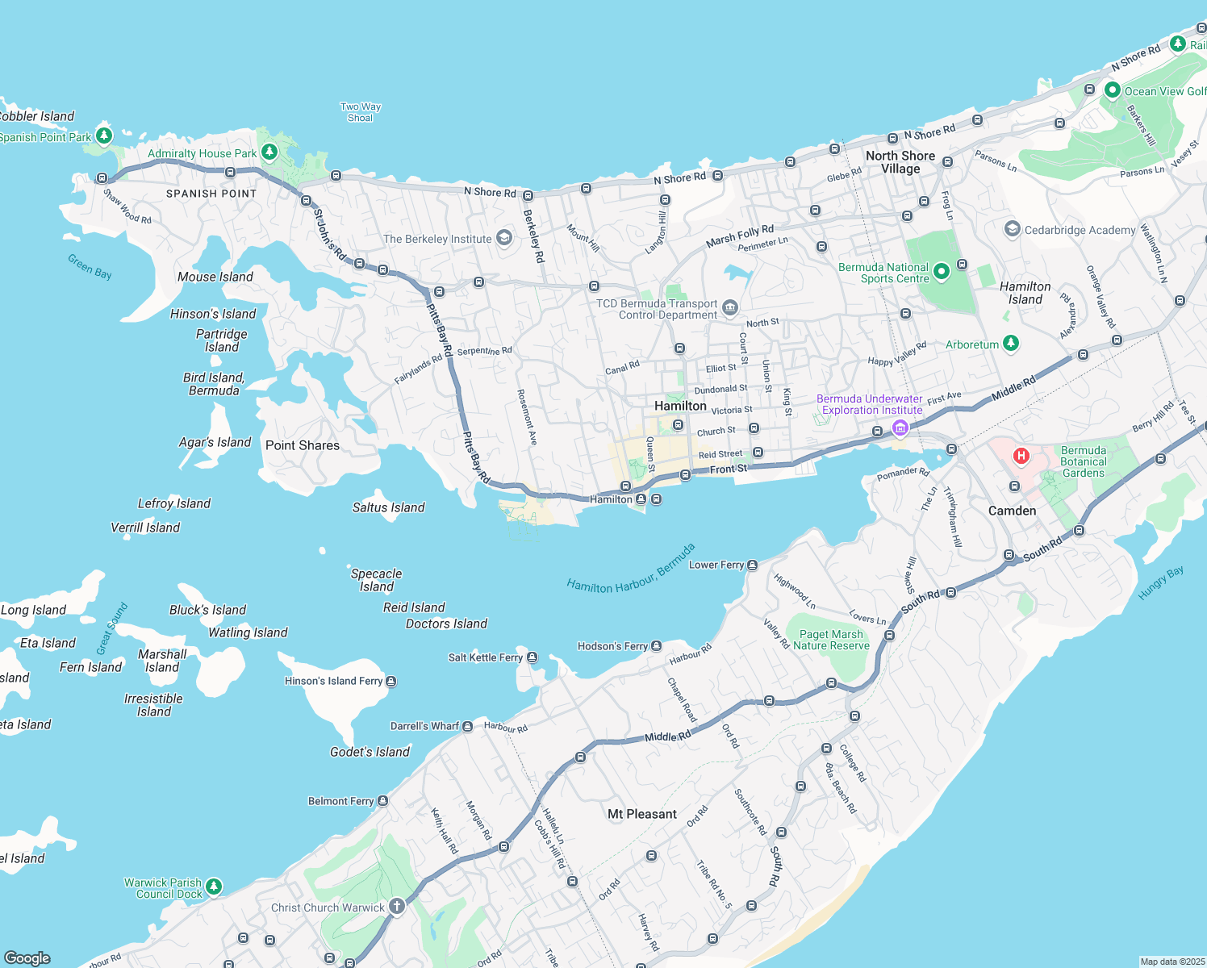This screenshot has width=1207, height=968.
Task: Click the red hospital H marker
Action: (x=1021, y=456)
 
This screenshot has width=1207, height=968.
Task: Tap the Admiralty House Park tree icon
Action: (x=269, y=152)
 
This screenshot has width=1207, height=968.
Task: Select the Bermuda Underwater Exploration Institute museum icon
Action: (x=900, y=427)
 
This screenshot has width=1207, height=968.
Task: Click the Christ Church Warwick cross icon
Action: (x=396, y=906)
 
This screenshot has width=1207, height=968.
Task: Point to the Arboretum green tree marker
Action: (x=1010, y=344)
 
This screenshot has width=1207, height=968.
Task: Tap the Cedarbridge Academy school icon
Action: (x=1012, y=229)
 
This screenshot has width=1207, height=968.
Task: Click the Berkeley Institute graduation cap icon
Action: (x=504, y=238)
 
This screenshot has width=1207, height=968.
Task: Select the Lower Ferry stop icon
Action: (x=752, y=565)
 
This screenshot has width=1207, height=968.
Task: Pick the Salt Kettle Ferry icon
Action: (x=532, y=657)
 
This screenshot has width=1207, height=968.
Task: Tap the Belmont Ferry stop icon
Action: (x=382, y=801)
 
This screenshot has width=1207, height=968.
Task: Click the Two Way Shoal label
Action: (x=360, y=112)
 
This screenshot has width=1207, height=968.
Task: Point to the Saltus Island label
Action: (x=388, y=507)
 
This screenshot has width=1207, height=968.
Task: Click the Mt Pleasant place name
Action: (x=641, y=814)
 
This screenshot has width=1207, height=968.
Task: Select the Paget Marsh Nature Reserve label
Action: (x=831, y=640)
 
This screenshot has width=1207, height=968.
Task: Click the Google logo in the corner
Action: (x=27, y=958)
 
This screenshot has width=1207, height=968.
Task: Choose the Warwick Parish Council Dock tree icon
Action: (x=213, y=887)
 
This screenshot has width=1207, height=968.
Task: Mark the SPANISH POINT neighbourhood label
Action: (x=211, y=194)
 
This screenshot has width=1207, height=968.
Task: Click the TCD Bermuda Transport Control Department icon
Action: (x=729, y=307)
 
